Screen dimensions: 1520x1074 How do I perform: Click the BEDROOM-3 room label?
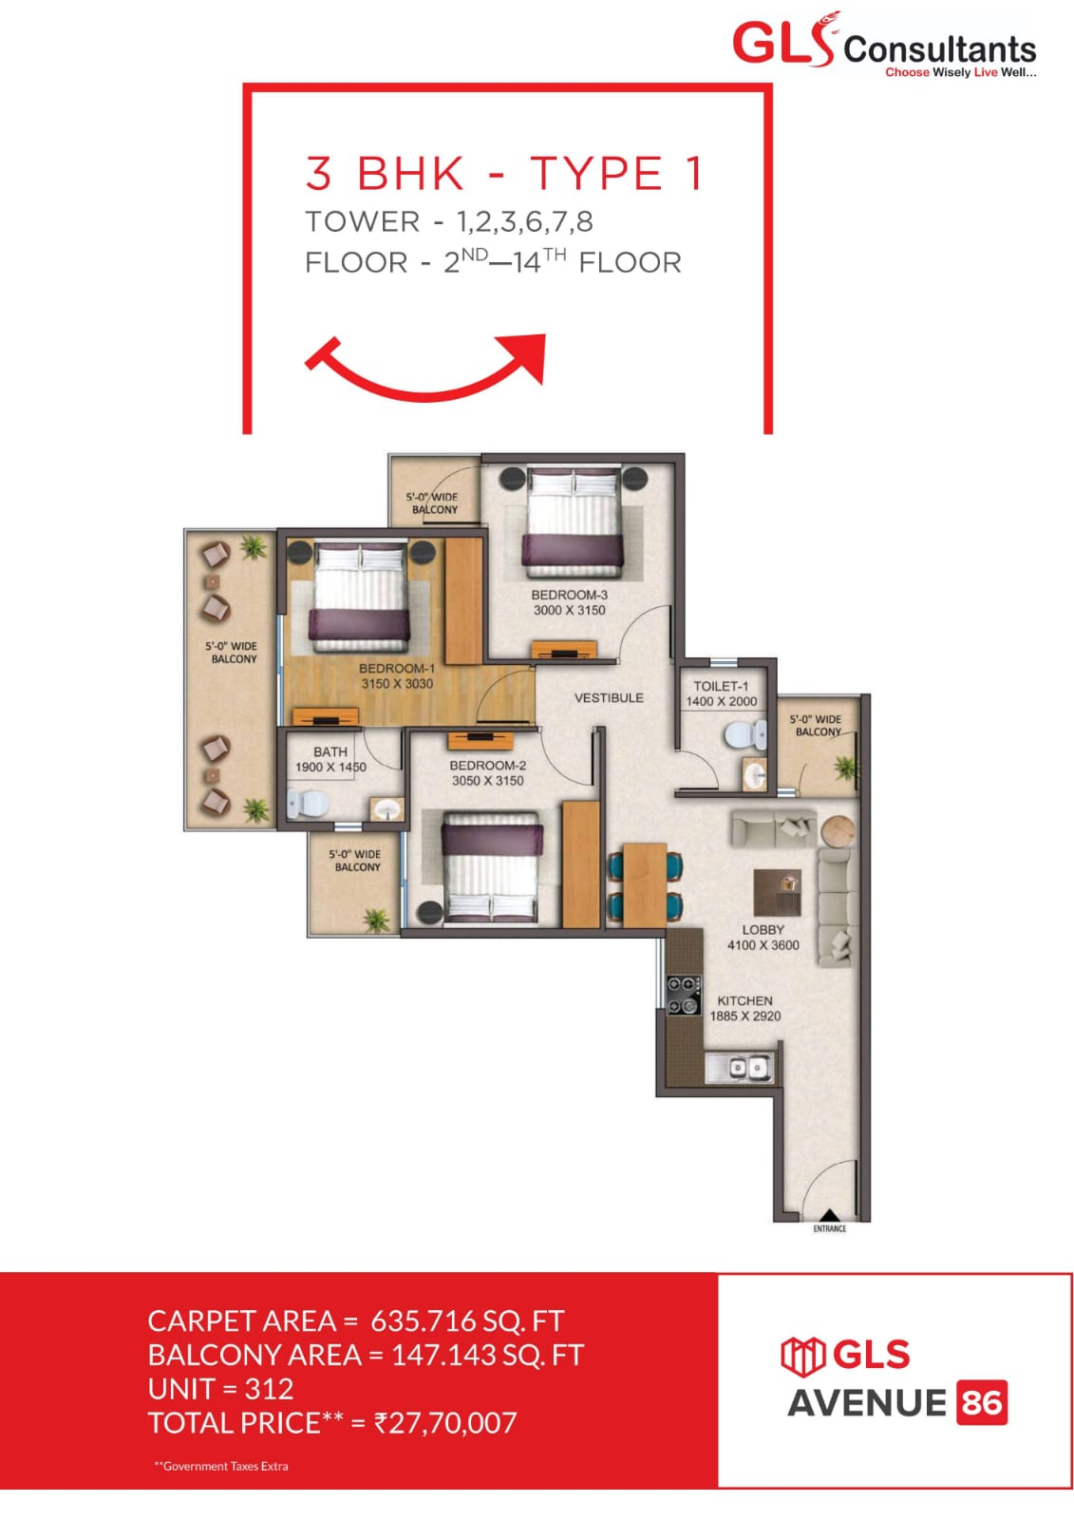pos(569,595)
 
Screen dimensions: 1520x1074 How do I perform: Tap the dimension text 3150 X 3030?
pos(397,684)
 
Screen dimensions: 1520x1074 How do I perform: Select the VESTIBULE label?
pos(609,697)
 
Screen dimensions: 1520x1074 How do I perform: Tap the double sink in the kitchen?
pos(740,1069)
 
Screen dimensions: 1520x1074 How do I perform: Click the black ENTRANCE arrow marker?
pos(828,1215)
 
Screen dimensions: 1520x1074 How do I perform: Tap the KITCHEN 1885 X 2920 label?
pos(745,1008)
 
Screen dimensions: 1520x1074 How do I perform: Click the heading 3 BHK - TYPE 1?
pos(504,174)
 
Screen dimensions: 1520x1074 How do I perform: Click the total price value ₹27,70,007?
pos(445,1422)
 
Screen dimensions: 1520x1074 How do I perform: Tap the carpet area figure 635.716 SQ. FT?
pos(466,1320)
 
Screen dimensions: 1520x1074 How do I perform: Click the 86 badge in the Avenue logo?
pos(982,1402)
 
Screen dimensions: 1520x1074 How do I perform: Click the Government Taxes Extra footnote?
pos(222,1466)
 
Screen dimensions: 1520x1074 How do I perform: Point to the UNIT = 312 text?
pos(220,1389)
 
